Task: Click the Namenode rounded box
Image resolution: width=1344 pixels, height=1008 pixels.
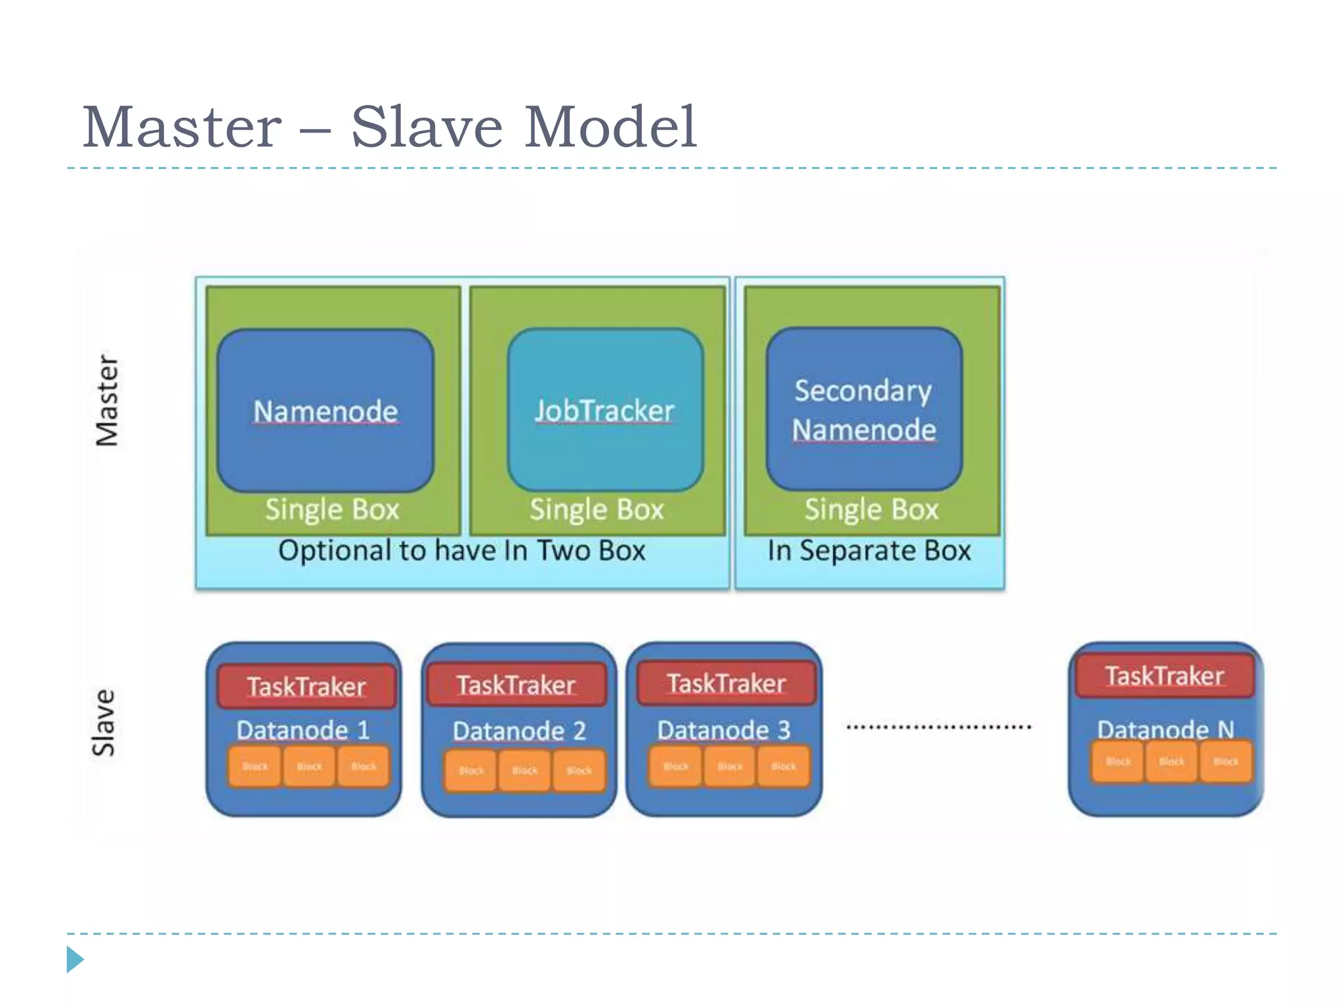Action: (325, 411)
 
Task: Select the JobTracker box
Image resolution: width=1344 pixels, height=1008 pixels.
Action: (604, 411)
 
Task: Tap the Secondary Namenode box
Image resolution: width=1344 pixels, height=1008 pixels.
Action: (864, 409)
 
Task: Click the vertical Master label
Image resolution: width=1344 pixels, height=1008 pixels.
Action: (107, 401)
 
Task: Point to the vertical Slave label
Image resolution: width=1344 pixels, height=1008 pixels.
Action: (104, 723)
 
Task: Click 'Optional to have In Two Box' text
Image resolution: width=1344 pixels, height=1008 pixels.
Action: (461, 551)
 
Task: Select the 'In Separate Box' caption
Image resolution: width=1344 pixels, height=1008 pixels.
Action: (869, 551)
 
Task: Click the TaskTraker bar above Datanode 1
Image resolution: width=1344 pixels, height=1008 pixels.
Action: (306, 686)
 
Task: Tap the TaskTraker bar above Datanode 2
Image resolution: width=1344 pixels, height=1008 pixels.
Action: (516, 684)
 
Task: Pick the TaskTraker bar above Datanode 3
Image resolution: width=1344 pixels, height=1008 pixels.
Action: (726, 683)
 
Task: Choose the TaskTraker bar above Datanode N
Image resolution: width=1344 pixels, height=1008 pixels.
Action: (1164, 675)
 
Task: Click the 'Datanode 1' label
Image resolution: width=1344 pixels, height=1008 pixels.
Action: (303, 730)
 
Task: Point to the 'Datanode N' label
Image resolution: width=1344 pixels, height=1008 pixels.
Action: (1165, 729)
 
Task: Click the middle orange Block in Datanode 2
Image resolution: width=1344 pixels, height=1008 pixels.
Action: (524, 771)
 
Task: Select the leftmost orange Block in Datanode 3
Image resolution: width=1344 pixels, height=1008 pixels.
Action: (675, 766)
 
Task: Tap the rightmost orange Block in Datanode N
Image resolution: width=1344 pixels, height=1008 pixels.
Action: (1225, 762)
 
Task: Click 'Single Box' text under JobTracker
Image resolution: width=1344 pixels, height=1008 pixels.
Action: (597, 509)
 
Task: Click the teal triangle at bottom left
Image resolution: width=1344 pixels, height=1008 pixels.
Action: (74, 959)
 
